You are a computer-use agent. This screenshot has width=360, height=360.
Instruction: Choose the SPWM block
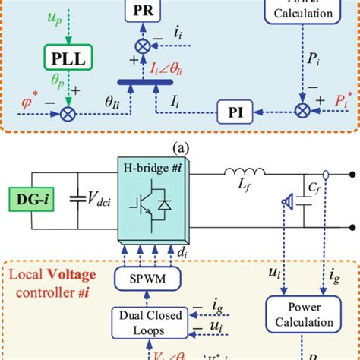144,280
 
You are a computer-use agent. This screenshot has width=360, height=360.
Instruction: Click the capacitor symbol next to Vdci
77,198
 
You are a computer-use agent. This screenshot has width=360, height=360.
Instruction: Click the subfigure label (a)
179,144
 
